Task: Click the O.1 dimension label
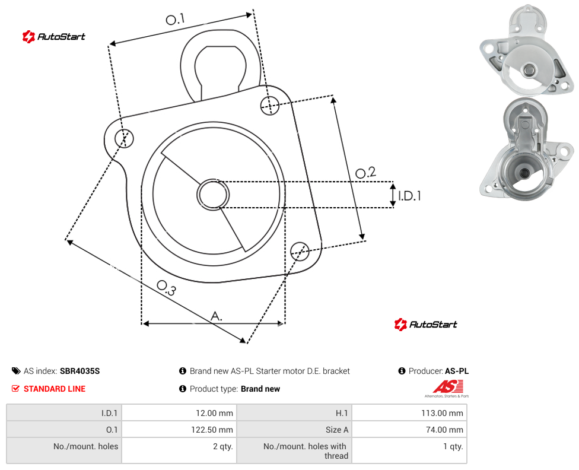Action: pyautogui.click(x=175, y=19)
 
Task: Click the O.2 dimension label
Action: pyautogui.click(x=365, y=172)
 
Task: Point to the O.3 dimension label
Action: pyautogui.click(x=167, y=288)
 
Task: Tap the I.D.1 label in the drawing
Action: pyautogui.click(x=409, y=195)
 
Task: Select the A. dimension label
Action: pyautogui.click(x=217, y=316)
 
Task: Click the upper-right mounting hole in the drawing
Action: pyautogui.click(x=270, y=105)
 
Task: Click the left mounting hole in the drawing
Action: pyautogui.click(x=124, y=138)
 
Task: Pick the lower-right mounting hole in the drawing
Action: pyautogui.click(x=300, y=251)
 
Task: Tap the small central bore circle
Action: pyautogui.click(x=213, y=195)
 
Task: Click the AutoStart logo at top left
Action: pyautogui.click(x=54, y=37)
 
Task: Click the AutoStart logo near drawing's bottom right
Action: pyautogui.click(x=426, y=325)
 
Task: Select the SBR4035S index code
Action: pyautogui.click(x=79, y=371)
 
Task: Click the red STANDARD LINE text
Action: pyautogui.click(x=55, y=389)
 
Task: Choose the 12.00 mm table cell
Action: pyautogui.click(x=180, y=412)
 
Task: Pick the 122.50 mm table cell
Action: pyautogui.click(x=180, y=430)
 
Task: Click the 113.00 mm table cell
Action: pyautogui.click(x=409, y=412)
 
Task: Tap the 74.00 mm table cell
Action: pyautogui.click(x=409, y=430)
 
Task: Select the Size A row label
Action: pyautogui.click(x=337, y=430)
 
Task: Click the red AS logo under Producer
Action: pyautogui.click(x=447, y=388)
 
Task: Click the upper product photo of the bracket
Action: pyautogui.click(x=527, y=50)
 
